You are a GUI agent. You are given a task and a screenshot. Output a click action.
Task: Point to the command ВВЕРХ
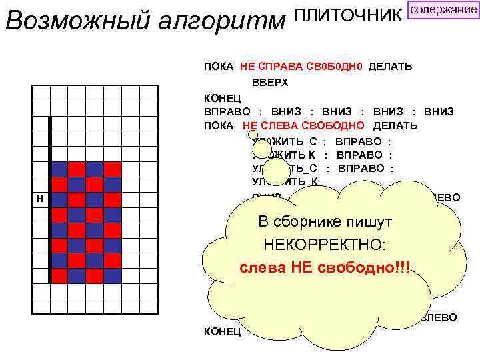point(270,82)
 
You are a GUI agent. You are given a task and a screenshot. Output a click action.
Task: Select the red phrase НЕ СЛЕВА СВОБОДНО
point(303,125)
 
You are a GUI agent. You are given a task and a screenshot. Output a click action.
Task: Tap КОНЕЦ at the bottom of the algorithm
point(222,331)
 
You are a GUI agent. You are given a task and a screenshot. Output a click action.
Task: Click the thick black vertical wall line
point(50,200)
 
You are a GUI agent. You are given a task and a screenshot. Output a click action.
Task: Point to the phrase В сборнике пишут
point(325,222)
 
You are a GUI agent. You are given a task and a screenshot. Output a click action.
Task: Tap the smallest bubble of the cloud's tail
point(253,134)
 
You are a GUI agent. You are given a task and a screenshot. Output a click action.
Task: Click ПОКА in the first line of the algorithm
point(218,67)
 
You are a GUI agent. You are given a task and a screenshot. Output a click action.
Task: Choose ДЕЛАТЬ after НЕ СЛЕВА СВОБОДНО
point(395,125)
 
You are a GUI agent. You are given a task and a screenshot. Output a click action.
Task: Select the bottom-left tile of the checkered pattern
point(59,275)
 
